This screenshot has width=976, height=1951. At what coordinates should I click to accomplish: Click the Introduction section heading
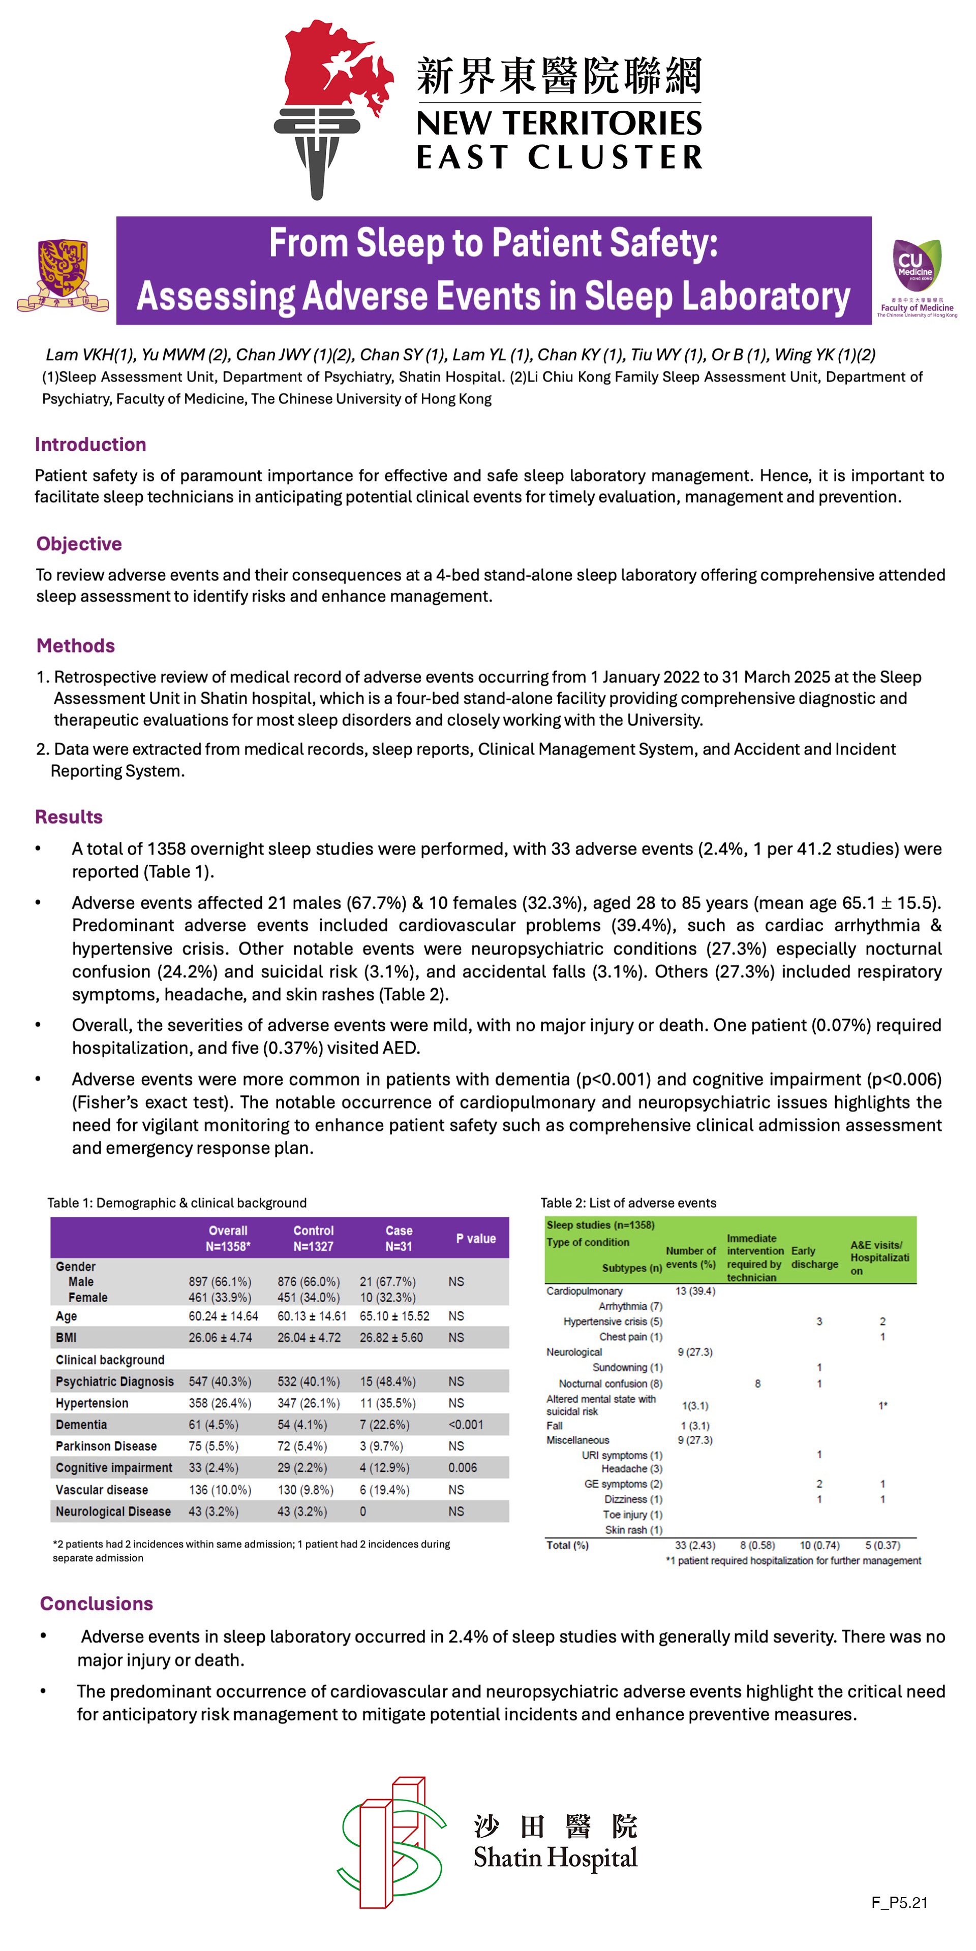click(x=90, y=445)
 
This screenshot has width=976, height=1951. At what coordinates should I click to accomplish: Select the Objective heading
click(x=79, y=544)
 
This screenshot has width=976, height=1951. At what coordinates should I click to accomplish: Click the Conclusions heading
click(x=96, y=1603)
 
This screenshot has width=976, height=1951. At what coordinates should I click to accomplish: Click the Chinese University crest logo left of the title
click(x=63, y=275)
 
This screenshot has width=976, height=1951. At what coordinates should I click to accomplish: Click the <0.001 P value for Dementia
click(x=465, y=1425)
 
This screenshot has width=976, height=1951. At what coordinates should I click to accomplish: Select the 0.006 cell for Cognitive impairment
click(x=462, y=1468)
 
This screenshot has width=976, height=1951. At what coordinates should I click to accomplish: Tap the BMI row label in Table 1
click(x=66, y=1338)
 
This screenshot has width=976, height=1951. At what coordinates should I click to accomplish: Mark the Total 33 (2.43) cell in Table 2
click(x=695, y=1545)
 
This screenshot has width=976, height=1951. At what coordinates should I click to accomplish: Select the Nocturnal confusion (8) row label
click(x=610, y=1383)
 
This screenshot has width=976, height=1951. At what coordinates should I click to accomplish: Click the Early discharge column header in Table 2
click(x=814, y=1257)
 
